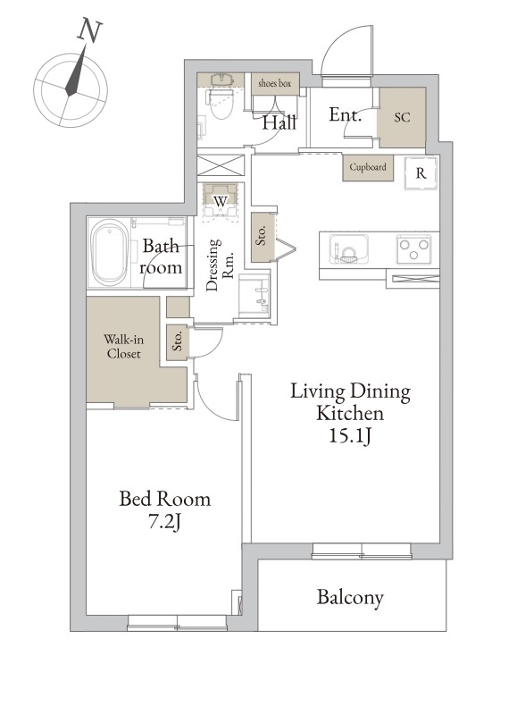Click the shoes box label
coord(275,83)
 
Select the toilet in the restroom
coord(221,96)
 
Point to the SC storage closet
coord(402,117)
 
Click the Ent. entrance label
coord(346,114)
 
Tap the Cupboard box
coord(368,168)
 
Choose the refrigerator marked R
coord(421,173)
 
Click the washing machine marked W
coord(221,200)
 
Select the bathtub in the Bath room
coord(110,253)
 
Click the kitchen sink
coord(349,249)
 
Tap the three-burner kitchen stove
coord(413,249)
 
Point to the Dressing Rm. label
coord(220,265)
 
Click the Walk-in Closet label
coord(123,347)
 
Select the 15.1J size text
coord(350,436)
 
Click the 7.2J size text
coord(165,522)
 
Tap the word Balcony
coord(350,597)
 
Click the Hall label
coord(279,122)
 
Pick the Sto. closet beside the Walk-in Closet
coord(178,342)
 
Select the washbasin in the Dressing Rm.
coord(254,297)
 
